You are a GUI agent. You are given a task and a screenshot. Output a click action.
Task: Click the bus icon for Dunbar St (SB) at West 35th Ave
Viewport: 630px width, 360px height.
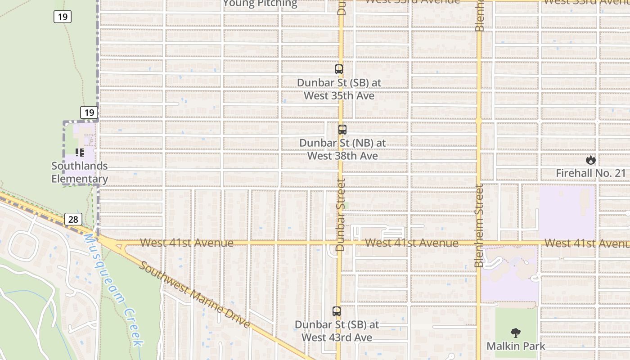(x=339, y=69)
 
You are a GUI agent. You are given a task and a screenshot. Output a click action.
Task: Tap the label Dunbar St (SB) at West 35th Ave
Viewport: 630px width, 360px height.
(x=339, y=89)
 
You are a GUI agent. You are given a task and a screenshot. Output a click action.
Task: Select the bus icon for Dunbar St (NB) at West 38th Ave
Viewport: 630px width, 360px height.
(x=342, y=130)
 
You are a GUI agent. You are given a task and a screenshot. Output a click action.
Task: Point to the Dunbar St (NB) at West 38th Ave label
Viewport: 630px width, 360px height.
(x=342, y=149)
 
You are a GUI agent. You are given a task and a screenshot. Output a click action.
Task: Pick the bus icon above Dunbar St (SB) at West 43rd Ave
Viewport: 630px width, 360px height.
(x=337, y=311)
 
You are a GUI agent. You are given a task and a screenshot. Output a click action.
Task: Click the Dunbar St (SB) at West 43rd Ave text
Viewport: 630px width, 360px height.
(x=337, y=331)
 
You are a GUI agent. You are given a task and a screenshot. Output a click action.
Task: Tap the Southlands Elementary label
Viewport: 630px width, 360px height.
(x=80, y=172)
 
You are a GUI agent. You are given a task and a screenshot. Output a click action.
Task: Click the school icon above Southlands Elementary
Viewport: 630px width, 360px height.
(x=80, y=153)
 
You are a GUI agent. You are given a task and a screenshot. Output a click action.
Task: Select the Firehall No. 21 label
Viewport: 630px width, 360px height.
(x=590, y=173)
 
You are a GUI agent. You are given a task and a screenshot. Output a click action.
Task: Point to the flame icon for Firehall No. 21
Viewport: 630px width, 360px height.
(x=590, y=160)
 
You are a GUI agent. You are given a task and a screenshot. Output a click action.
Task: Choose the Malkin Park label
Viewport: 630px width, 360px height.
(x=516, y=346)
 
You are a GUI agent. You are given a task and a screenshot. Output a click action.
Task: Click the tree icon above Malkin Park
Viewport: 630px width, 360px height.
(x=516, y=333)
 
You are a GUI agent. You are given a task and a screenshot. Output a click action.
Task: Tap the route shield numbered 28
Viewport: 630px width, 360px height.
(x=73, y=219)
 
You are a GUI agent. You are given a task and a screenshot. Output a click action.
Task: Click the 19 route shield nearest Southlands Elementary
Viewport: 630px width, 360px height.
(x=89, y=112)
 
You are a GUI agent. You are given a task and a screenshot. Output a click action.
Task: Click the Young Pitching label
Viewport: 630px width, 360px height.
(x=260, y=4)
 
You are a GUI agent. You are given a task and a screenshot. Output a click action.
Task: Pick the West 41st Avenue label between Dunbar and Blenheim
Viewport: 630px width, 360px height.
(x=411, y=243)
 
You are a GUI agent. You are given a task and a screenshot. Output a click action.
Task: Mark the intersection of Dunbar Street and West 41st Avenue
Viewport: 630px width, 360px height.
(x=340, y=243)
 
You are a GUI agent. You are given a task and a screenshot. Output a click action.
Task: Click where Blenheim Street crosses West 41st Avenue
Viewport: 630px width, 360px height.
(x=479, y=243)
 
